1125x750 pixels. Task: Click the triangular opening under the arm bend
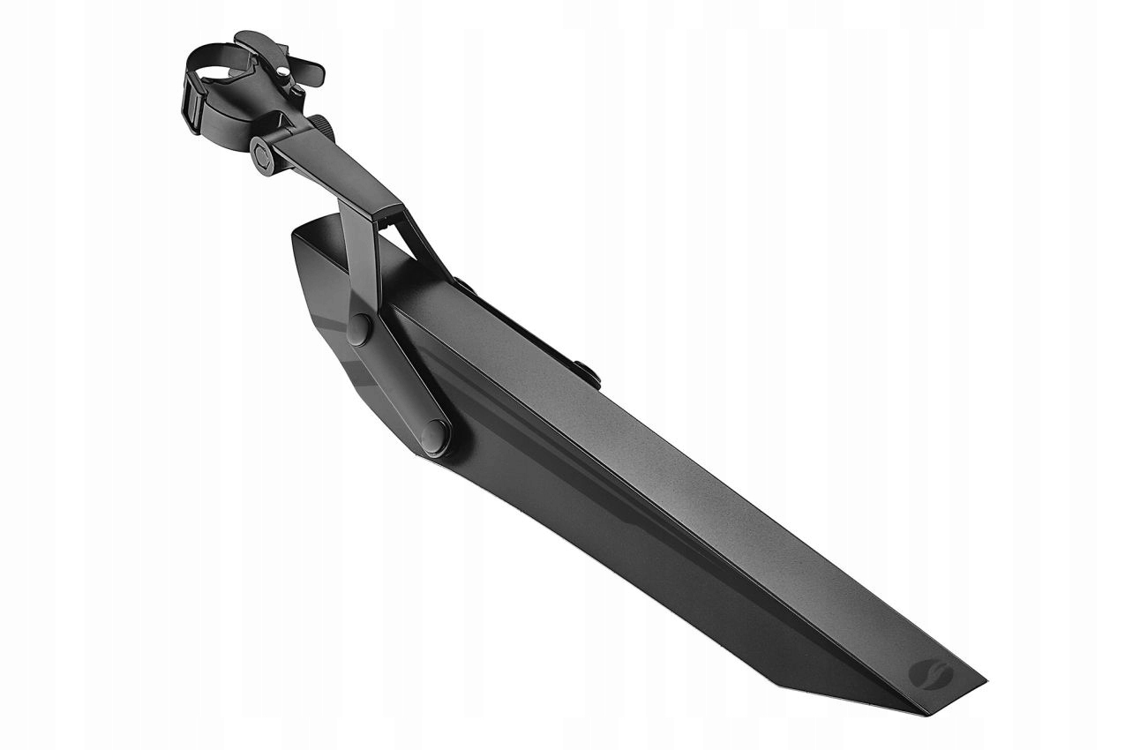[x=399, y=231]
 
